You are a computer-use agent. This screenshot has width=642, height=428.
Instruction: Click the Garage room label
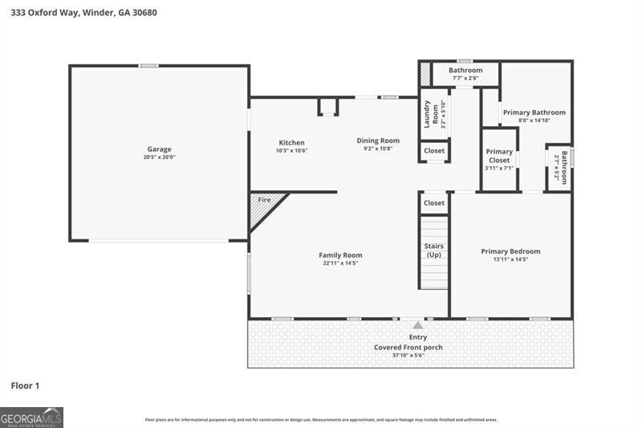159,149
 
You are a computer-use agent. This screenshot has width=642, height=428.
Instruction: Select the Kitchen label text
291,142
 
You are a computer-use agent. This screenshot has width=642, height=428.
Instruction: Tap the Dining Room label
378,141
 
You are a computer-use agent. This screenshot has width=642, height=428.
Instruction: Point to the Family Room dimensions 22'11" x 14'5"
341,263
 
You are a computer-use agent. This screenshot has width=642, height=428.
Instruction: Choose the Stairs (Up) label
433,251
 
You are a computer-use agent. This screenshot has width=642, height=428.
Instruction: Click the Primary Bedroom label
510,251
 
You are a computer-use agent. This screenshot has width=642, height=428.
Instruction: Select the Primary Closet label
498,156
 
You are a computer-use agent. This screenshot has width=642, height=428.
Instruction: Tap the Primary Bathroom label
534,112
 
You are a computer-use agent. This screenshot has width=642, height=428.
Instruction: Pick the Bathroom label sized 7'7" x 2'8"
465,71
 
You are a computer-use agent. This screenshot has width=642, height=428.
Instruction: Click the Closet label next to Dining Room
434,150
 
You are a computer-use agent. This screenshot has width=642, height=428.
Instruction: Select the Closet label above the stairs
434,203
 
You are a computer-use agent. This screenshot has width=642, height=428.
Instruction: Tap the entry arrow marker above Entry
417,325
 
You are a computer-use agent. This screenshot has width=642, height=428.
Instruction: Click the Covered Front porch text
408,348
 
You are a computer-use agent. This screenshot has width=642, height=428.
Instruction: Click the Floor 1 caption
25,386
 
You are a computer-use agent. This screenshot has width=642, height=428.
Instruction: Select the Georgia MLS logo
31,418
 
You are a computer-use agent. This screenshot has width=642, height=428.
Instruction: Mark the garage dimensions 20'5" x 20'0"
159,157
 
